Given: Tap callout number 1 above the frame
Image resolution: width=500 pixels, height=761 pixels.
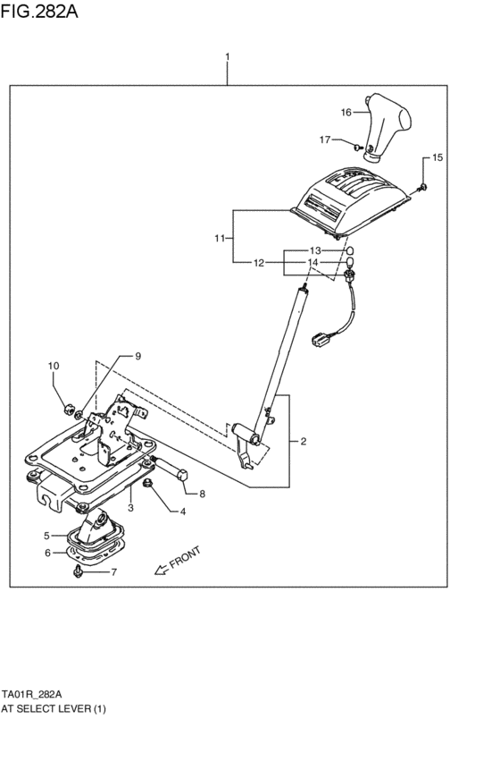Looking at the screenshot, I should (x=228, y=58).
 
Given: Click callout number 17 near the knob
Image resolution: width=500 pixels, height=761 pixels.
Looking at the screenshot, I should (x=326, y=140).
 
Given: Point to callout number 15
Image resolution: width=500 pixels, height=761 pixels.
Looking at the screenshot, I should (x=437, y=158).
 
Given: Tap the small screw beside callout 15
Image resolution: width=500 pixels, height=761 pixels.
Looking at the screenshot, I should (x=424, y=186).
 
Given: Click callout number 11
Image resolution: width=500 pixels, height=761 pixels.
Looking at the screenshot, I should (x=220, y=239).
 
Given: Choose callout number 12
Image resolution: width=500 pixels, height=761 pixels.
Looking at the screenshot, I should (x=258, y=263).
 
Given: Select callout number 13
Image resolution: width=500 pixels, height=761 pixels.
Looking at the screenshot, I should (x=314, y=250).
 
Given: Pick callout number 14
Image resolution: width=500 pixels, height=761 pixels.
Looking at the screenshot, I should (x=314, y=263).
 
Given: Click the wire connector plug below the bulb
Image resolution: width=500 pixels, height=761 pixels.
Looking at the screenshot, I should (x=320, y=339).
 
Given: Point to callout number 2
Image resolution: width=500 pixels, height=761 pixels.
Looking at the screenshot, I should (x=303, y=442).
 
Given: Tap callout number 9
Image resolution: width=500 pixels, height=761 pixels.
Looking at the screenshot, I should (x=137, y=356).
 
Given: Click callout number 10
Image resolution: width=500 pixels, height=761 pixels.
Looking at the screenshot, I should (x=53, y=366).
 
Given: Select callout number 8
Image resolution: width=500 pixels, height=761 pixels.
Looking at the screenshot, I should (x=202, y=494).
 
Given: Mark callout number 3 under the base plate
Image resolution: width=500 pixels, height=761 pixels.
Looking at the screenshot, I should (x=130, y=507).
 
